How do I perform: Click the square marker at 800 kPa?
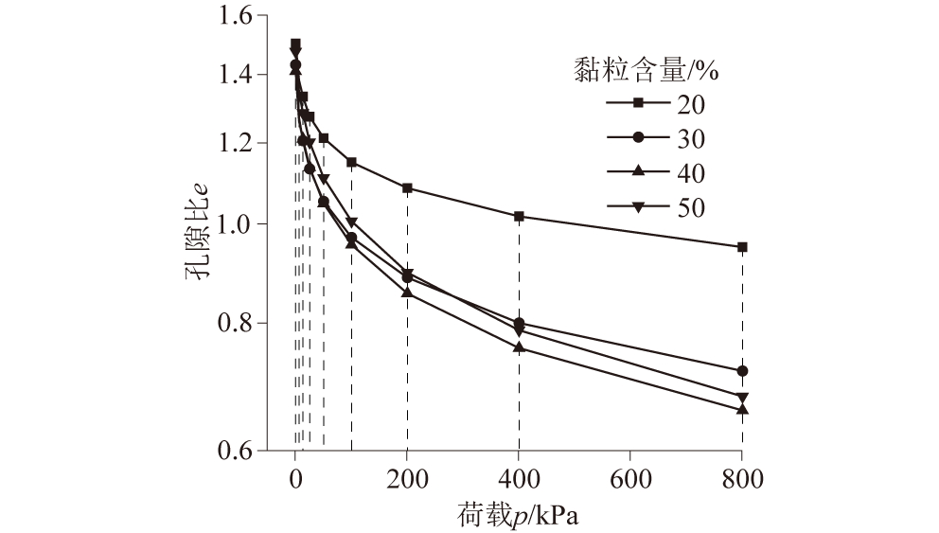pyautogui.click(x=742, y=247)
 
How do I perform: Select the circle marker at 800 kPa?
pyautogui.click(x=742, y=371)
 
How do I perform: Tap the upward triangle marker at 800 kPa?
pyautogui.click(x=742, y=409)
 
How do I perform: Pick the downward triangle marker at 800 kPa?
pyautogui.click(x=742, y=398)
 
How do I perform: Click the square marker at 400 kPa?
pyautogui.click(x=519, y=217)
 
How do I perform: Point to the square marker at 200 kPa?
pyautogui.click(x=407, y=188)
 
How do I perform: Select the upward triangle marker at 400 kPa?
pyautogui.click(x=519, y=347)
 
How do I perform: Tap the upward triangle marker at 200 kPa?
pyautogui.click(x=407, y=293)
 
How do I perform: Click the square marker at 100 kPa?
pyautogui.click(x=351, y=163)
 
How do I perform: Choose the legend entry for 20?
pyautogui.click(x=653, y=103)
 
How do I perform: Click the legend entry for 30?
pyautogui.click(x=653, y=138)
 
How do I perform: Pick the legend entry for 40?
pyautogui.click(x=653, y=172)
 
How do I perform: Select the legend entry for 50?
pyautogui.click(x=653, y=207)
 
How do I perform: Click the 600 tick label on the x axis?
pyautogui.click(x=630, y=477)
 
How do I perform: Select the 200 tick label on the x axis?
pyautogui.click(x=407, y=477)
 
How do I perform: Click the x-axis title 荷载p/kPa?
pyautogui.click(x=519, y=515)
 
